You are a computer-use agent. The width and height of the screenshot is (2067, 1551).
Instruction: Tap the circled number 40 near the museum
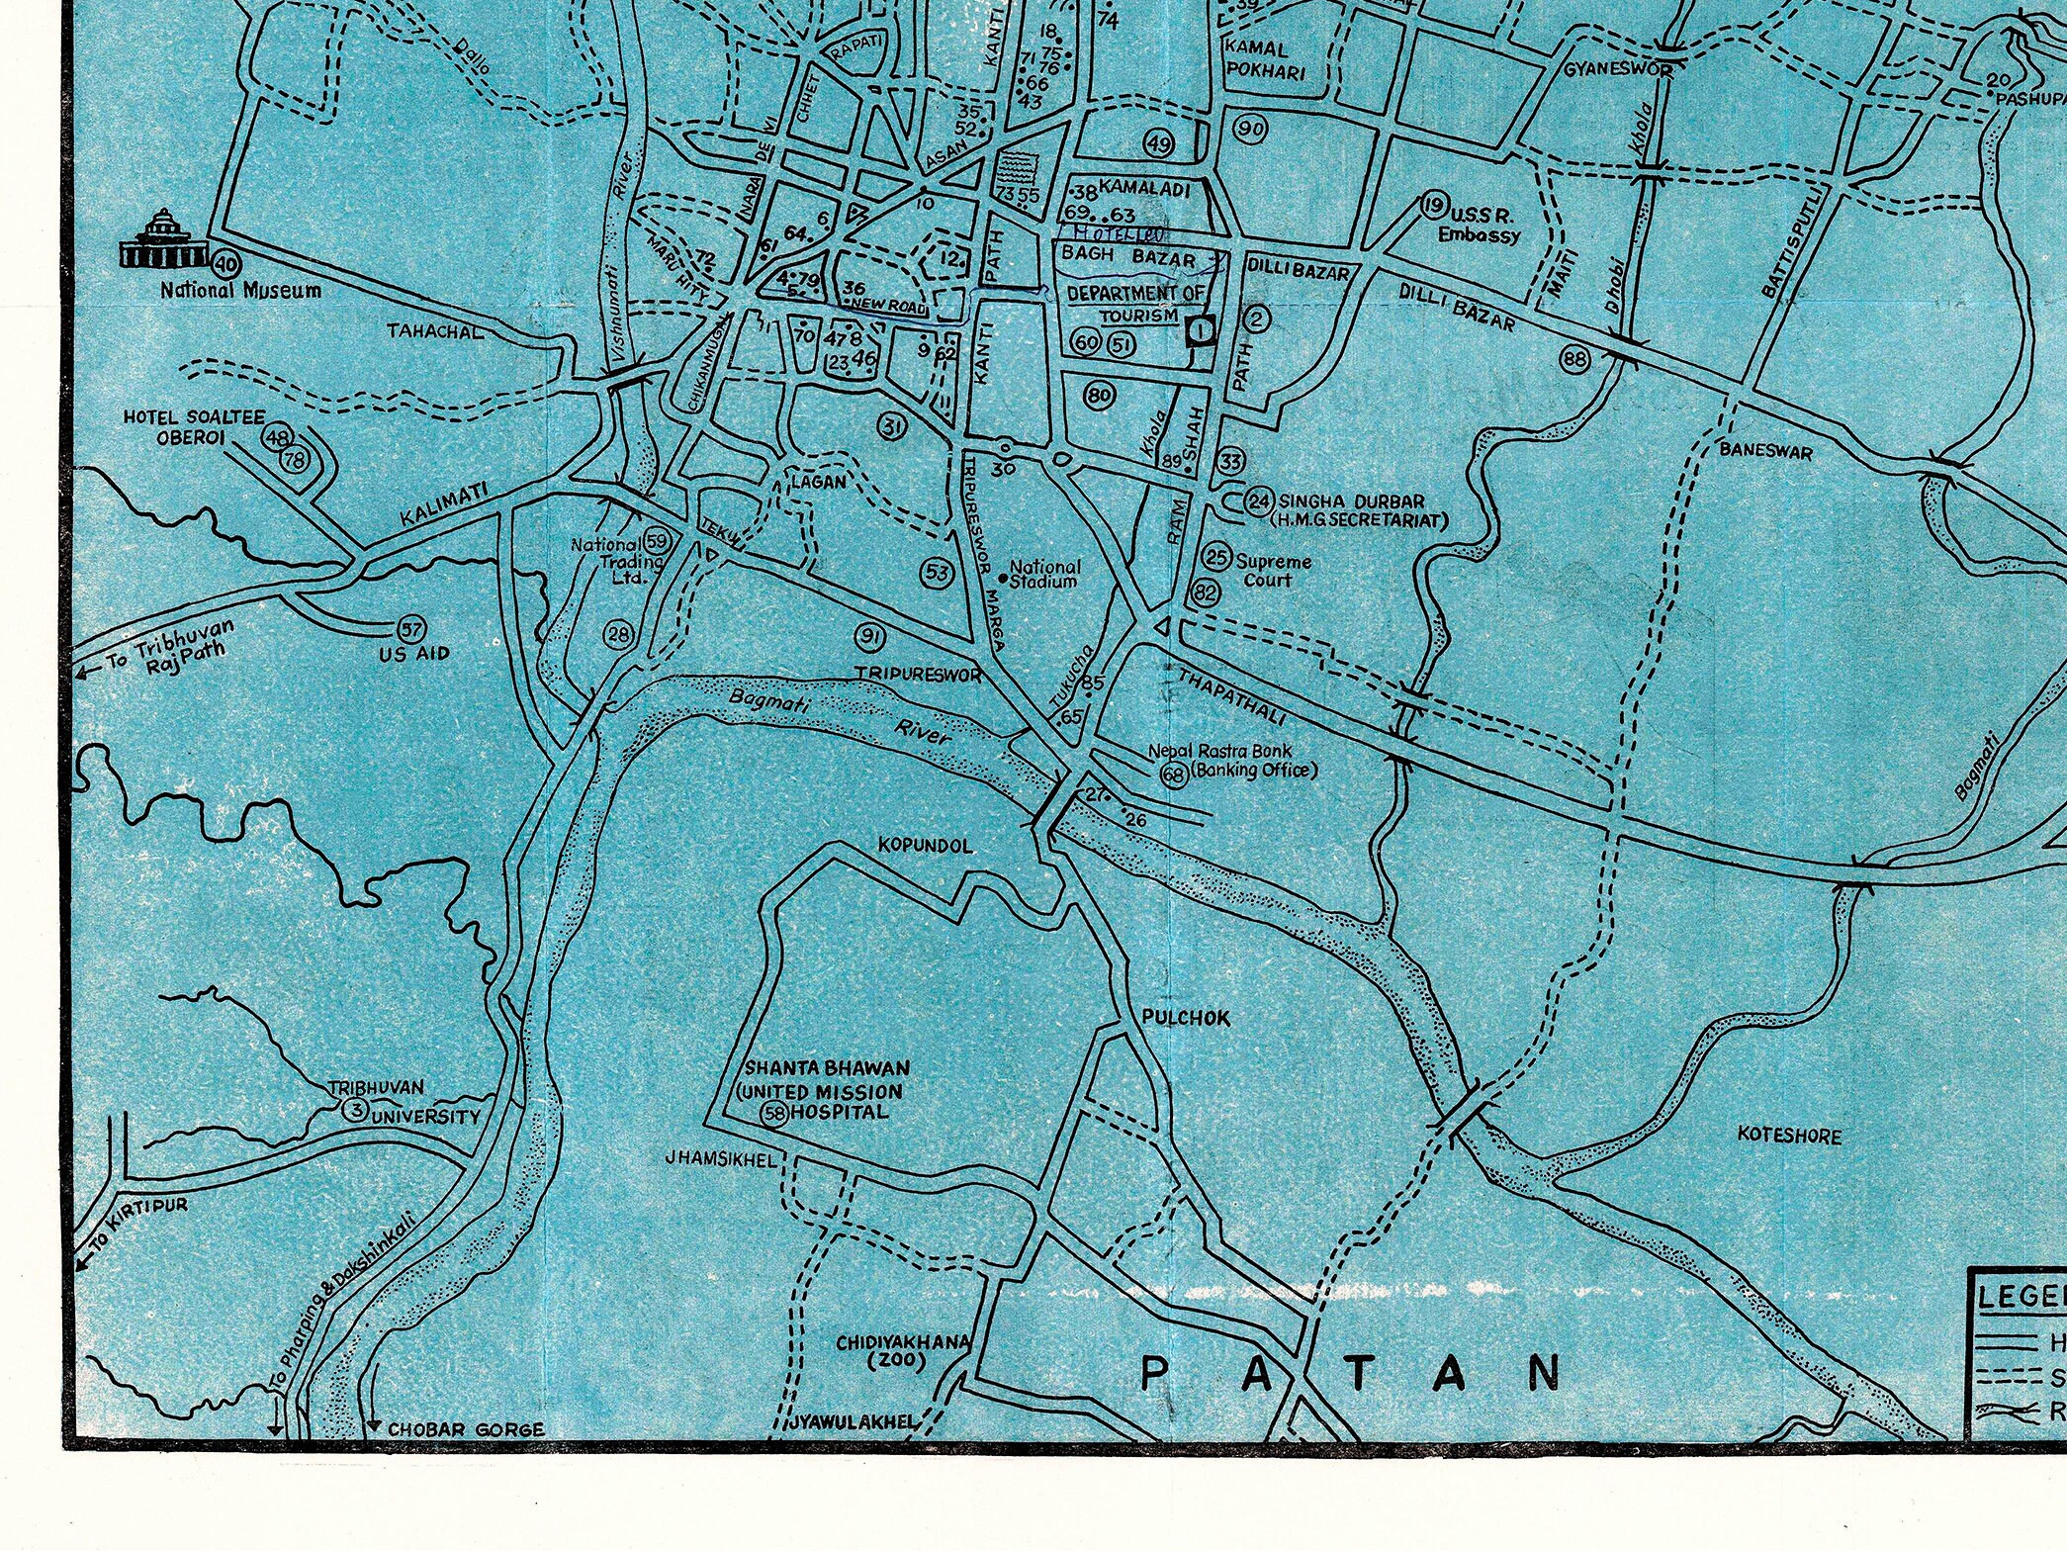tap(226, 263)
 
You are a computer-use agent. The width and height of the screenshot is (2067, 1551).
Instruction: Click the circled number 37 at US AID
tap(410, 629)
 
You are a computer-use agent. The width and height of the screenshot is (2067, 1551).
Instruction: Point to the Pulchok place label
tap(1185, 1017)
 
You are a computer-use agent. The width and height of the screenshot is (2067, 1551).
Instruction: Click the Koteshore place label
tap(1789, 1135)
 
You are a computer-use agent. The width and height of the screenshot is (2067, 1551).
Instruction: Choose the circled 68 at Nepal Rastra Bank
tap(1174, 774)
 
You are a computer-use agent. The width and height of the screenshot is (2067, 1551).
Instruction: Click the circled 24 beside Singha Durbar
tap(1258, 502)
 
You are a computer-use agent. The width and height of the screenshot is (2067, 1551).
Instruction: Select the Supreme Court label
tap(1273, 570)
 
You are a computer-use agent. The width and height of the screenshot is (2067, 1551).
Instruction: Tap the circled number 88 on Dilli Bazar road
tap(1575, 359)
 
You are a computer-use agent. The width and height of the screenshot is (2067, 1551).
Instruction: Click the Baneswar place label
tap(1765, 451)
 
